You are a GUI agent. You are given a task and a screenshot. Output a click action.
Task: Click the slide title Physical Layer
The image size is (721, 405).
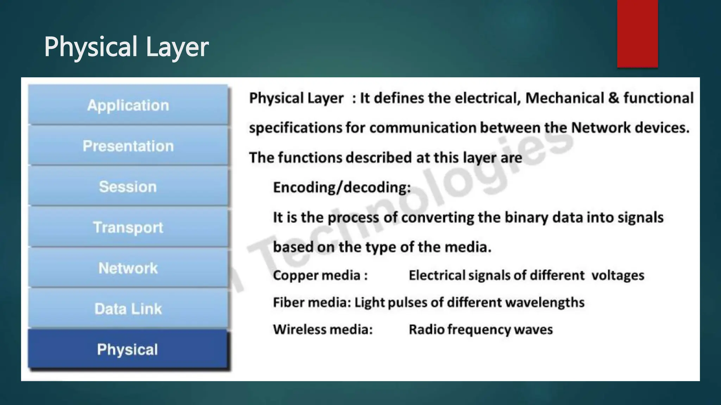pos(126,47)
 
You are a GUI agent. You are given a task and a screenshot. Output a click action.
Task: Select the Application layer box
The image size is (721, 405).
pos(128,105)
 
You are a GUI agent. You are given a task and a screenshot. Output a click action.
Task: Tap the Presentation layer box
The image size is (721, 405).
pos(128,146)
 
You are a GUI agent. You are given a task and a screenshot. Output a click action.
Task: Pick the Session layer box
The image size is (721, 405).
pos(128,187)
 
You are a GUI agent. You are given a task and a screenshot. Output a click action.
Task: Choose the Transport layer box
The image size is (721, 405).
pos(128,227)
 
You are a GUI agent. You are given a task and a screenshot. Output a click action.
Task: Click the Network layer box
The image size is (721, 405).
pos(128,268)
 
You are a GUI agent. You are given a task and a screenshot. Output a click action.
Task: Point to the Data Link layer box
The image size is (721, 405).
pos(128,309)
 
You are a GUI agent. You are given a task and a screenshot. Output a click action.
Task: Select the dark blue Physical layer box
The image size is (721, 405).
pos(128,349)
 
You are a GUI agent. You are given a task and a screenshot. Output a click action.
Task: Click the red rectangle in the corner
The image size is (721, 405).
pos(637,33)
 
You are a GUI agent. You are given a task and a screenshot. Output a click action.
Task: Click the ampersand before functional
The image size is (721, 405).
pos(613,98)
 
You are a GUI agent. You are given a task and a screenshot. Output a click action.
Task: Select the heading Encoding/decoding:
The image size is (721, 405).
pos(342,187)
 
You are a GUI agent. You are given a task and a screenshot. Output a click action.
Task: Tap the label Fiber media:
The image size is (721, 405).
pos(312,302)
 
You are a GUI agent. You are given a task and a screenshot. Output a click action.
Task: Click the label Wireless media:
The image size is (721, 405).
pos(323,329)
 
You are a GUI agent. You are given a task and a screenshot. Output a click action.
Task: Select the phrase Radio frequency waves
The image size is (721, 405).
pos(481,329)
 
